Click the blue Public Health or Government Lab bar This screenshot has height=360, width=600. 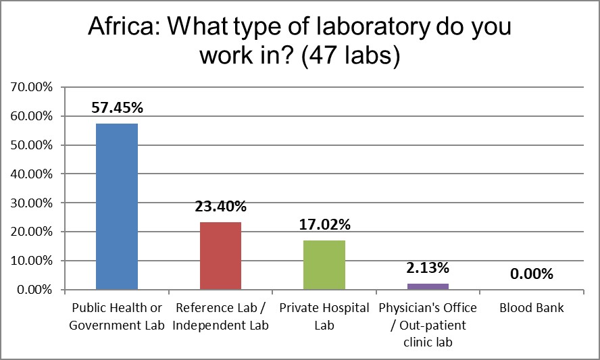117,206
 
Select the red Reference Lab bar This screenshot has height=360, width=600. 220,255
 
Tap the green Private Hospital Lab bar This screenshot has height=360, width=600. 324,265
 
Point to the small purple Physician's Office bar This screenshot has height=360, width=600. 428,286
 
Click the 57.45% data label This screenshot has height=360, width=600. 117,107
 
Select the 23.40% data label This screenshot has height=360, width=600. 220,206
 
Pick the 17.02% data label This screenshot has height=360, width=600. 324,224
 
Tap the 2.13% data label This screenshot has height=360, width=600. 428,268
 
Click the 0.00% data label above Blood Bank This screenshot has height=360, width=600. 531,274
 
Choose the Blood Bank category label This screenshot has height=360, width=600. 531,309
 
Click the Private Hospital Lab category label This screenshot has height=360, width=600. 324,316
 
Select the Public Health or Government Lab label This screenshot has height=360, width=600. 117,316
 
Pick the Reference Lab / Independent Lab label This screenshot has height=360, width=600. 220,316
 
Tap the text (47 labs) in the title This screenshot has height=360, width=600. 351,57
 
